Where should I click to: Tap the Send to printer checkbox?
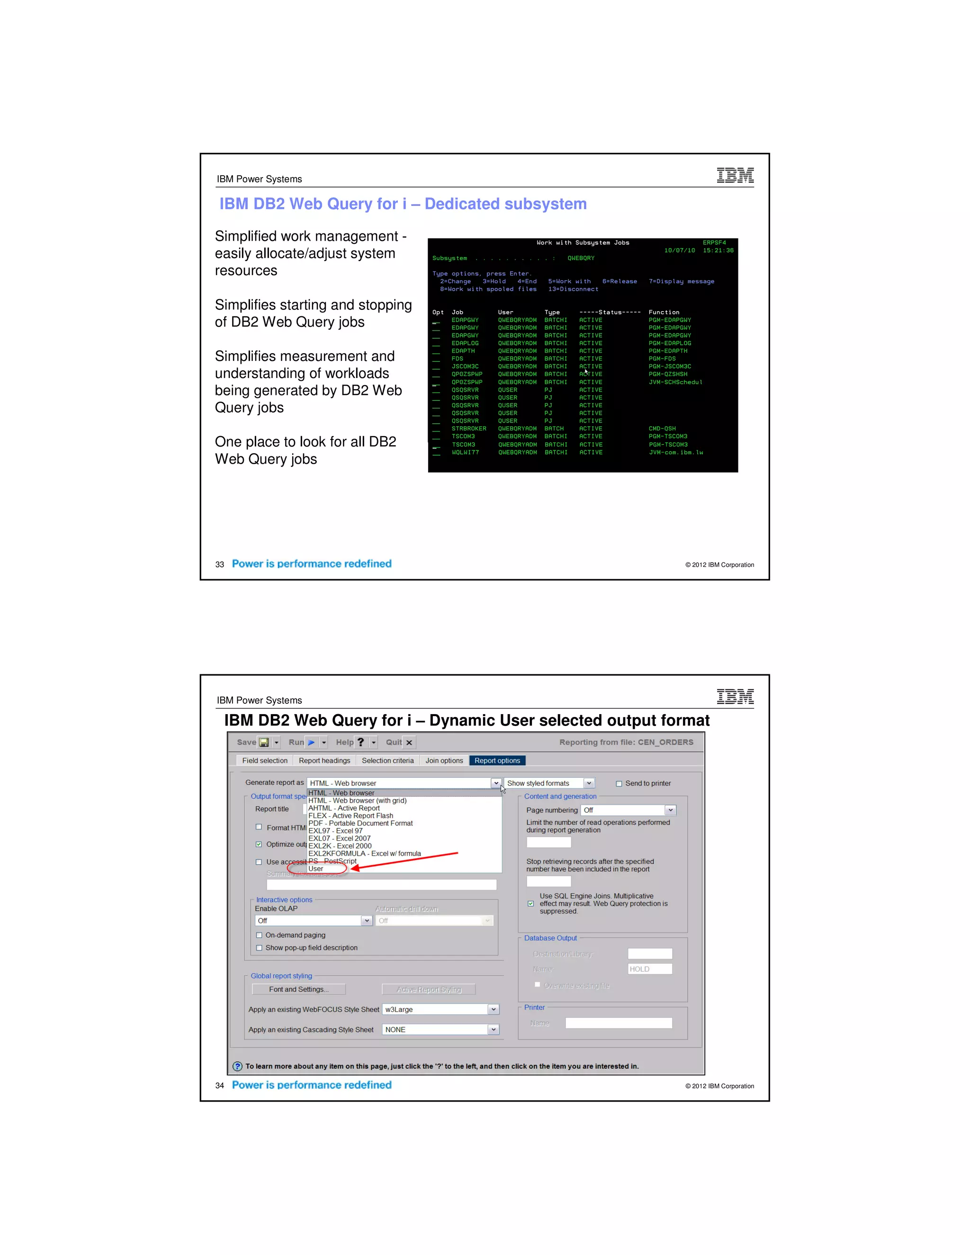(619, 784)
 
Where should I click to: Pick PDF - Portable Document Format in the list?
(360, 823)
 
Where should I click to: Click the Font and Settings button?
(298, 989)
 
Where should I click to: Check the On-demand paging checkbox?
(259, 935)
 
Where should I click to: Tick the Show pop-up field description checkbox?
(259, 948)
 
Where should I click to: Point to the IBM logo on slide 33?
(735, 175)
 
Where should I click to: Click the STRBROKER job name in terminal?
(468, 429)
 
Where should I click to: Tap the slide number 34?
(219, 1085)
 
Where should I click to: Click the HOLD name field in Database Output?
(649, 969)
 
